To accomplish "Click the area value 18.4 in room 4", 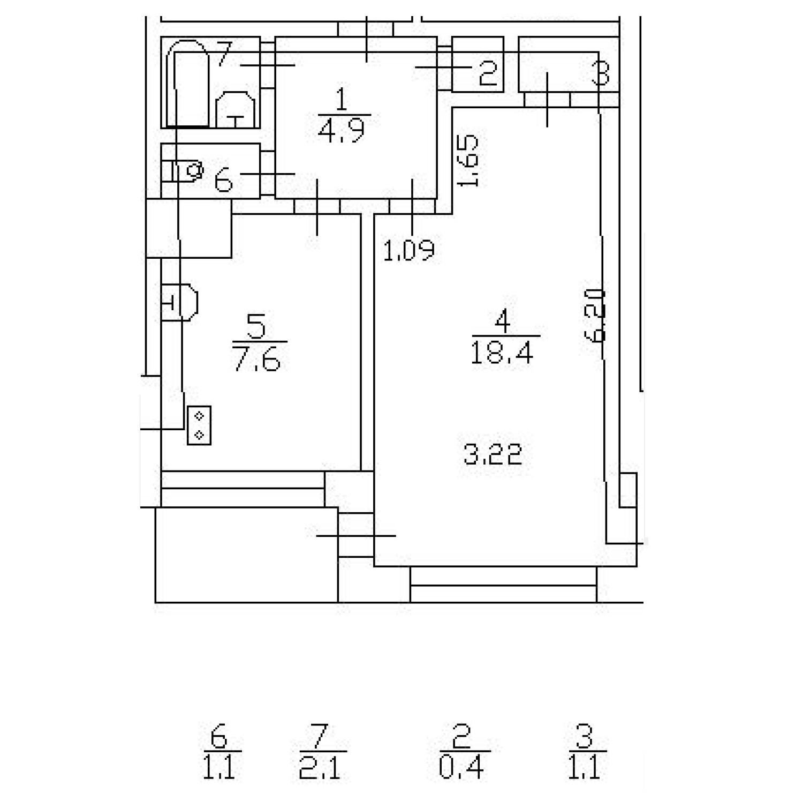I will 502,353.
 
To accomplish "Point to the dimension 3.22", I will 492,455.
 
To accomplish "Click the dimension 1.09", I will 408,250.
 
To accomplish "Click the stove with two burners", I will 199,425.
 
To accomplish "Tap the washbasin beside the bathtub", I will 235,110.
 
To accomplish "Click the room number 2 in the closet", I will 488,72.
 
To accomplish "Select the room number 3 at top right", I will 601,72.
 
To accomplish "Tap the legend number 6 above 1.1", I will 219,736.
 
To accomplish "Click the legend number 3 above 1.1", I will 585,736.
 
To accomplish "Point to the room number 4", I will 502,321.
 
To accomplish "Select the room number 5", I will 256,326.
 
